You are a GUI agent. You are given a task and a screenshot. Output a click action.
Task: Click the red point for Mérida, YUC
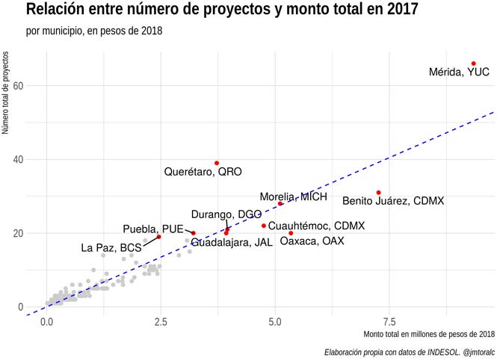[474, 63]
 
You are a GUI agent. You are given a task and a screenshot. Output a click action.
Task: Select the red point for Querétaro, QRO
[217, 163]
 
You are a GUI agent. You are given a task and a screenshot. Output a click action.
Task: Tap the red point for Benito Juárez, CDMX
[378, 193]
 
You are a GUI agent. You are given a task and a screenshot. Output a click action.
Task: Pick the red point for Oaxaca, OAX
[291, 233]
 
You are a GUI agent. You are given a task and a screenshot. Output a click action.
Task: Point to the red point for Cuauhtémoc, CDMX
[264, 226]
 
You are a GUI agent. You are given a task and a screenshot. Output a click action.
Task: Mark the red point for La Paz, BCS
[159, 237]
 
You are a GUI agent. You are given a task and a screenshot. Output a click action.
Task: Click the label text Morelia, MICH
[293, 197]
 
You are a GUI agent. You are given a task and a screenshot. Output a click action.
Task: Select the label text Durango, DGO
[226, 214]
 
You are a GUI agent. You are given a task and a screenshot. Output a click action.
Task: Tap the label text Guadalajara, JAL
[232, 243]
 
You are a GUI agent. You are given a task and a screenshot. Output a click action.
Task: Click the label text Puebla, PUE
[153, 229]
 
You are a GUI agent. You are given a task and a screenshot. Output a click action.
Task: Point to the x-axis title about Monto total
[430, 333]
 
